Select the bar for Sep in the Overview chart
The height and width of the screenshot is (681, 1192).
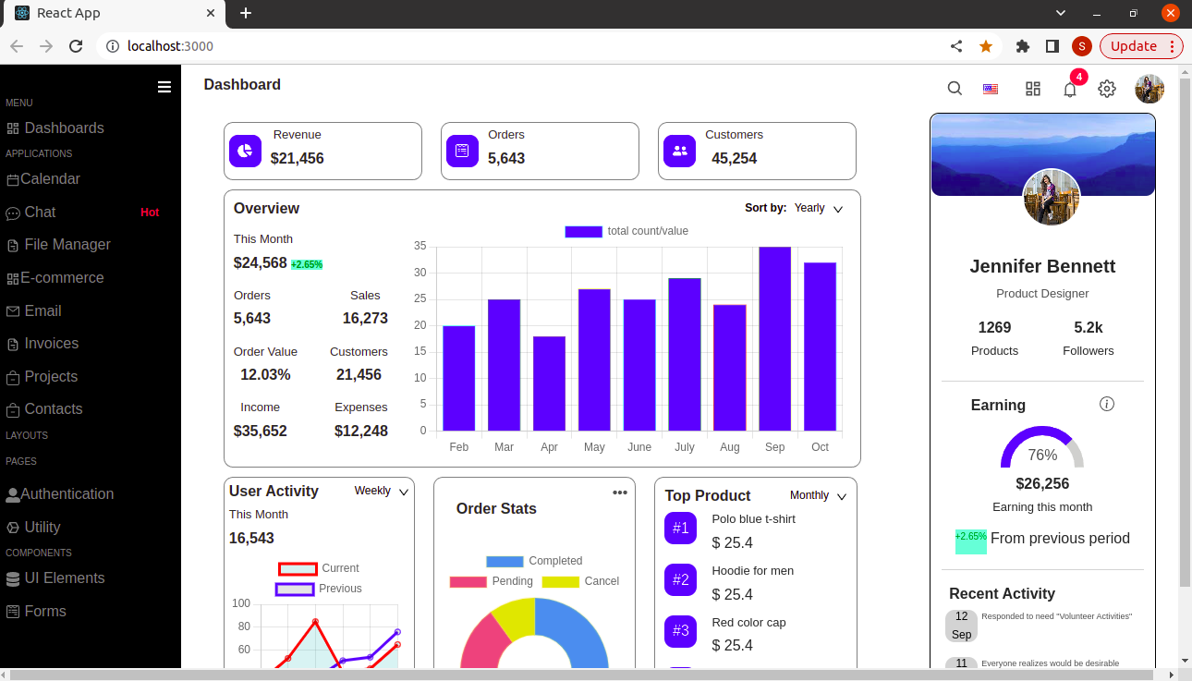(774, 338)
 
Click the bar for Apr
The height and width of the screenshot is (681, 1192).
(549, 383)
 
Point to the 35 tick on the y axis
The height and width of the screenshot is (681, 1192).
(420, 246)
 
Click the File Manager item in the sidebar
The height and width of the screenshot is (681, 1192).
(67, 245)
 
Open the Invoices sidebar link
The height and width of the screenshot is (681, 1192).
(51, 344)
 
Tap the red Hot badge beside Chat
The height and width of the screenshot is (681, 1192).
(150, 213)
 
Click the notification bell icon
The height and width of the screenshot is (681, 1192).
(1070, 90)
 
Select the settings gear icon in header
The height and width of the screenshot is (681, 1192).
(1107, 89)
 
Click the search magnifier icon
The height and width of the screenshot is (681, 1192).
(955, 89)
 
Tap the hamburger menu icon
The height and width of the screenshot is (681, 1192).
(164, 87)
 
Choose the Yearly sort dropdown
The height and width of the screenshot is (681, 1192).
(818, 209)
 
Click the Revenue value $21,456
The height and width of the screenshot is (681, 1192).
(298, 159)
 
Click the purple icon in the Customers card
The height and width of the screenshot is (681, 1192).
(680, 151)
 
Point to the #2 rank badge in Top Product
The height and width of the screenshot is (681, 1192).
(680, 580)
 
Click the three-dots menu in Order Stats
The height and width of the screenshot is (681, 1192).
(620, 493)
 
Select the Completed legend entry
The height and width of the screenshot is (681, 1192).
(534, 561)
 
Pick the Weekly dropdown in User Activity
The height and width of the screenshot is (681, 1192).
(381, 492)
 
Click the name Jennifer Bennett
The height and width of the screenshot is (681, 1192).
(1042, 267)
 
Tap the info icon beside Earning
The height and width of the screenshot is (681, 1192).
(1107, 405)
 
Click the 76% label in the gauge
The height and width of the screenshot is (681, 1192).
(1042, 456)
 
